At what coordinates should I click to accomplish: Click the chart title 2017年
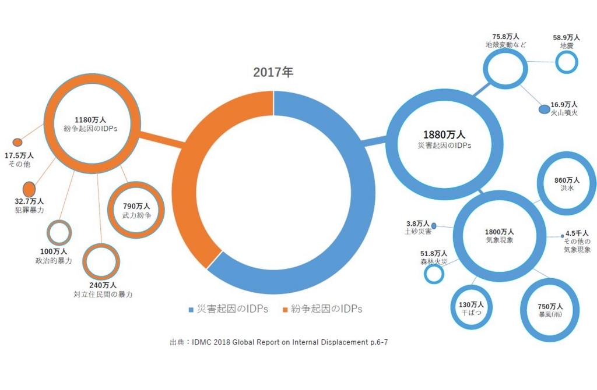[273, 73]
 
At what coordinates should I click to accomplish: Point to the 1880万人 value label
[444, 134]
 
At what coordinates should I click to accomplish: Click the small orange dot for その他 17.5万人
[17, 142]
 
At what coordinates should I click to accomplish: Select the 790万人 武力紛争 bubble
[136, 210]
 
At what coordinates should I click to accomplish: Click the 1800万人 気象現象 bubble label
[499, 235]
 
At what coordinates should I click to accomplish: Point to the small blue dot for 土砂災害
[434, 225]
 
